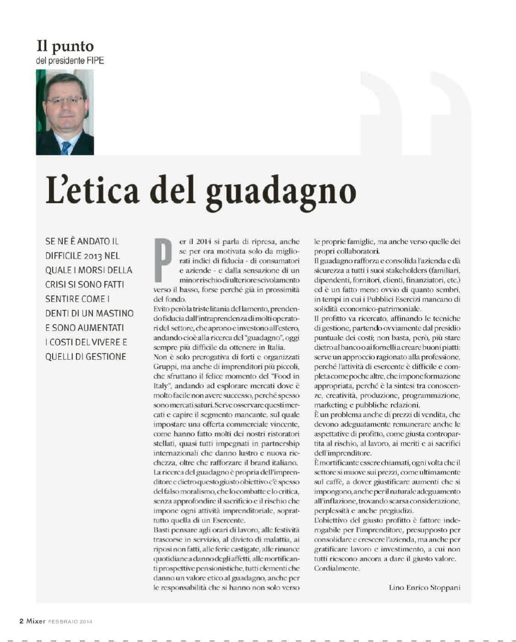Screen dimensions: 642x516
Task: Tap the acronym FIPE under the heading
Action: tap(94, 60)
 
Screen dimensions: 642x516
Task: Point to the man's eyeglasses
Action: tap(65, 99)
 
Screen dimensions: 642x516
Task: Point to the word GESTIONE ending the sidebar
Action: tap(105, 357)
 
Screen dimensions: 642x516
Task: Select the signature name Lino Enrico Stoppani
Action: tap(424, 587)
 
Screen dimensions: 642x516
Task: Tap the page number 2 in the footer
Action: tap(21, 621)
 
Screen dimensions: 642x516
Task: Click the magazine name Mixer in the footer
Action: tap(35, 621)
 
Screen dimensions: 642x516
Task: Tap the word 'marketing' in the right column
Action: tap(330, 405)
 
